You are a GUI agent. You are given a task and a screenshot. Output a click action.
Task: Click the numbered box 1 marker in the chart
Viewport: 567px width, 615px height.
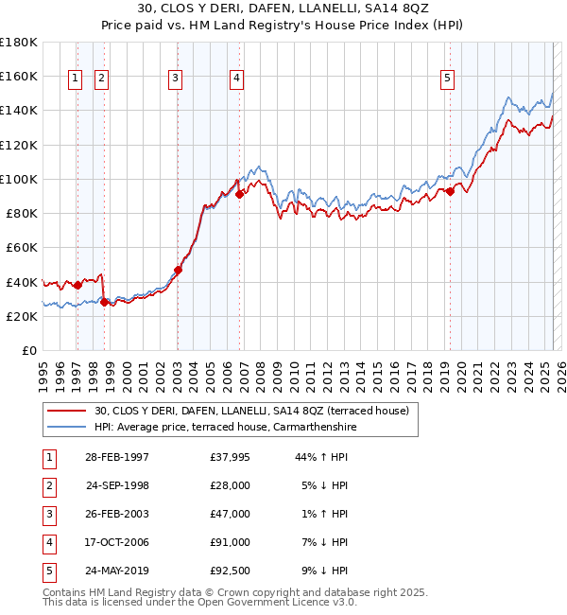[75, 79]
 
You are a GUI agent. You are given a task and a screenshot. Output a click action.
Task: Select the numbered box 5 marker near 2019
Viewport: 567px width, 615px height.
[447, 79]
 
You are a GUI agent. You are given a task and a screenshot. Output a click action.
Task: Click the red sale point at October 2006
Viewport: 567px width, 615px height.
[240, 194]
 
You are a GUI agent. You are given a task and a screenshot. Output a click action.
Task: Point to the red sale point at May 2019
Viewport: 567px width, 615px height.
[451, 191]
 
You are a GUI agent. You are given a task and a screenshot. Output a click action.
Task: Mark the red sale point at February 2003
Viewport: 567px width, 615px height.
[178, 270]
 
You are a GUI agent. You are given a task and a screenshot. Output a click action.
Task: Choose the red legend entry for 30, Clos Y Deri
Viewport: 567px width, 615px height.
[250, 411]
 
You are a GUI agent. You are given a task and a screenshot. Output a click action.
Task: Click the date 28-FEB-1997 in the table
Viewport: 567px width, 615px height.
[117, 457]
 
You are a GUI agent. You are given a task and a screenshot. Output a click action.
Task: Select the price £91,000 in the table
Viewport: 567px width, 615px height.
[231, 542]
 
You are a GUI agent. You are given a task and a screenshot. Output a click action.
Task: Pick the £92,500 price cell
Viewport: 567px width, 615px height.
[231, 571]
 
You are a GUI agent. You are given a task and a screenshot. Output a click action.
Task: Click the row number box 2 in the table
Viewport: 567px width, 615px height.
[47, 485]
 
